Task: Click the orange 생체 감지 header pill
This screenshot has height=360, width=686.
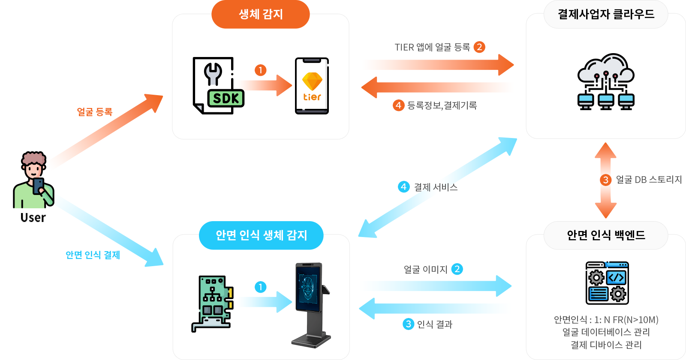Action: click(x=260, y=15)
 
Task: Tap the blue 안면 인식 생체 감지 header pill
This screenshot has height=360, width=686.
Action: click(x=261, y=235)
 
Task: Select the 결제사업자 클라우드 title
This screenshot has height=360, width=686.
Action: click(x=605, y=15)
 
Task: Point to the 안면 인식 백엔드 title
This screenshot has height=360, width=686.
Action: click(x=605, y=235)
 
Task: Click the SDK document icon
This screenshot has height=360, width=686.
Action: click(x=218, y=86)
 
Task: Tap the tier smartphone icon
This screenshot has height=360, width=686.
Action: click(x=312, y=86)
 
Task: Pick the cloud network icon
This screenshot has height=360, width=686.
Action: click(x=605, y=82)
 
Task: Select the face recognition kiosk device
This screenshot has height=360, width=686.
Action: click(x=310, y=304)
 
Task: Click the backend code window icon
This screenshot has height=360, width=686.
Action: click(x=607, y=283)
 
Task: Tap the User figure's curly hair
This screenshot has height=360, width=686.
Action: click(x=34, y=158)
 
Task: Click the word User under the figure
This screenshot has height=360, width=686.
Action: click(x=33, y=218)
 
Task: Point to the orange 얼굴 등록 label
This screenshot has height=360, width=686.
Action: click(x=94, y=112)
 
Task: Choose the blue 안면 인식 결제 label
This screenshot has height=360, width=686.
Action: click(x=93, y=255)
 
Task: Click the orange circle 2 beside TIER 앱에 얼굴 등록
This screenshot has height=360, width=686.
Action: click(x=479, y=47)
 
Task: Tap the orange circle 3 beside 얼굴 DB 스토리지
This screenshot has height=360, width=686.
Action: click(x=605, y=180)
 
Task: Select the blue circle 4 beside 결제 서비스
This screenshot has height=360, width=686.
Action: click(x=403, y=187)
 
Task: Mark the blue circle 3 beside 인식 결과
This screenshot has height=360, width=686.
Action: click(x=408, y=324)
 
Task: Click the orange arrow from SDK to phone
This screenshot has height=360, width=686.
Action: click(x=266, y=85)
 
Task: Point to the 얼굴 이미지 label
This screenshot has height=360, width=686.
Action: click(x=425, y=270)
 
